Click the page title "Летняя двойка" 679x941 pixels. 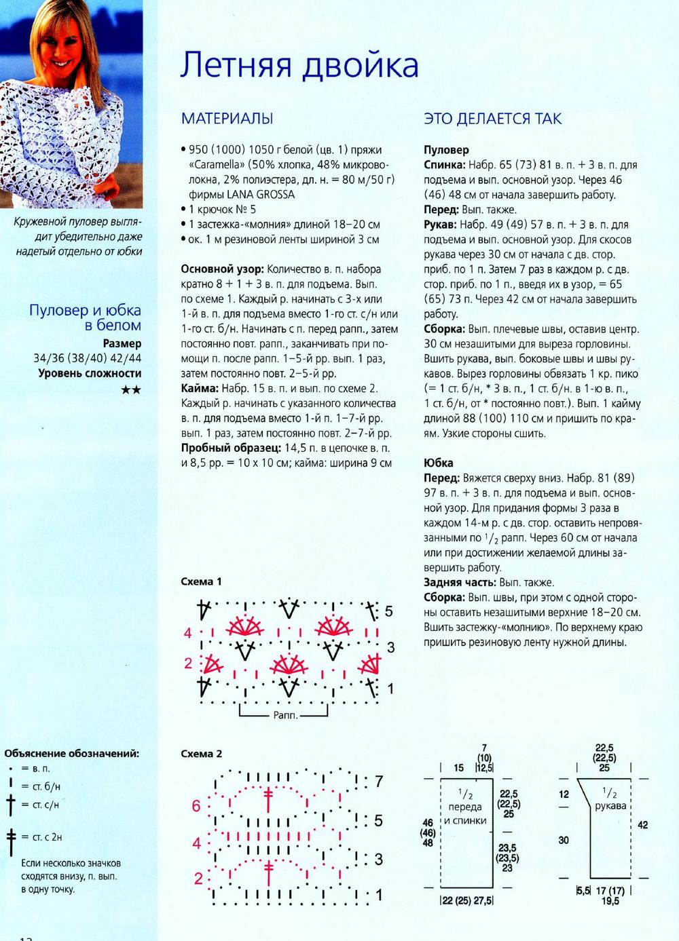299,65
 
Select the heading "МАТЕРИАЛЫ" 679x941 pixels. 227,119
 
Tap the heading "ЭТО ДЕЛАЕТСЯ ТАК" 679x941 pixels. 492,119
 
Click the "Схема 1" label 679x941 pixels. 201,581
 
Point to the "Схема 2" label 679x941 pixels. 201,754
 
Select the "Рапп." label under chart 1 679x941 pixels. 285,715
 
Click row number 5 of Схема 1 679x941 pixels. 388,611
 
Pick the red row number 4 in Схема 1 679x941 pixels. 188,633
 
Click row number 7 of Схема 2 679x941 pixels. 379,781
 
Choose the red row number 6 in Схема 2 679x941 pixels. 196,806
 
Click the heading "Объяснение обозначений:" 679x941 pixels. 72,753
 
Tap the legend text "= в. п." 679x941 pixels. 35,769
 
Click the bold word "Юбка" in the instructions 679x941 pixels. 438,463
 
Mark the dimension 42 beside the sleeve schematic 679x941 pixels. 642,825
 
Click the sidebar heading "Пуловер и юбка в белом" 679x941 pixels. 85,318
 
